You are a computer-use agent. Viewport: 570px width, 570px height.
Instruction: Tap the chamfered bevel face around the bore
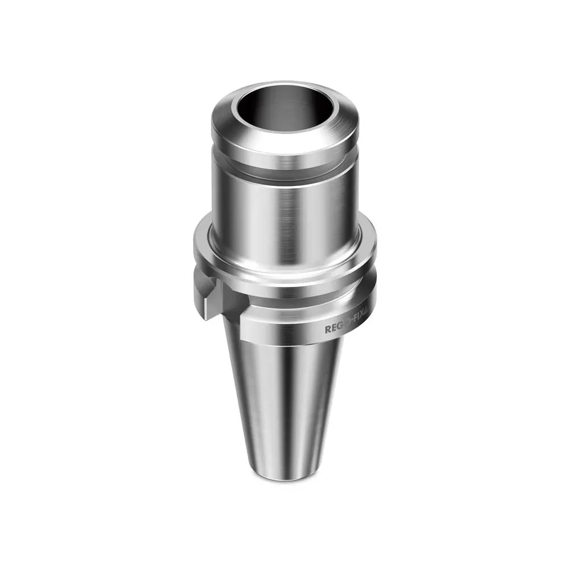286,137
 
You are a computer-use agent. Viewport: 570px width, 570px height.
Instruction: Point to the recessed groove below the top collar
286,171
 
